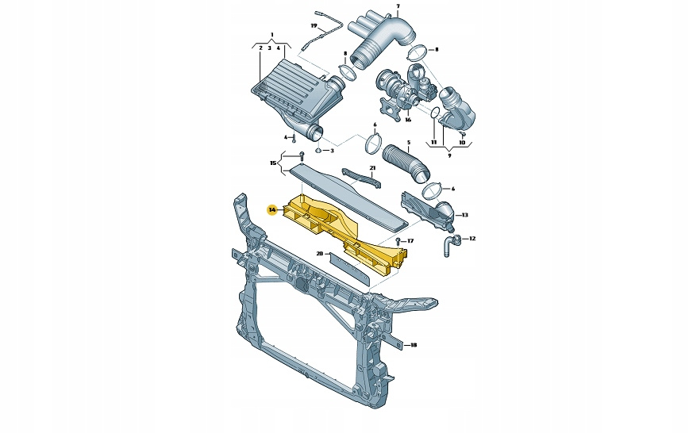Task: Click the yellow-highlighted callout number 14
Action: (272, 210)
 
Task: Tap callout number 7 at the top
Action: (398, 6)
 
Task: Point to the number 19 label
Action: (314, 26)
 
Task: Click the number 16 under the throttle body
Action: (408, 120)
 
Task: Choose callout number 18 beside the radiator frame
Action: (414, 345)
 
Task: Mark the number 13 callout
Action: (464, 215)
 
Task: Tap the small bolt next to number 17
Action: (398, 241)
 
